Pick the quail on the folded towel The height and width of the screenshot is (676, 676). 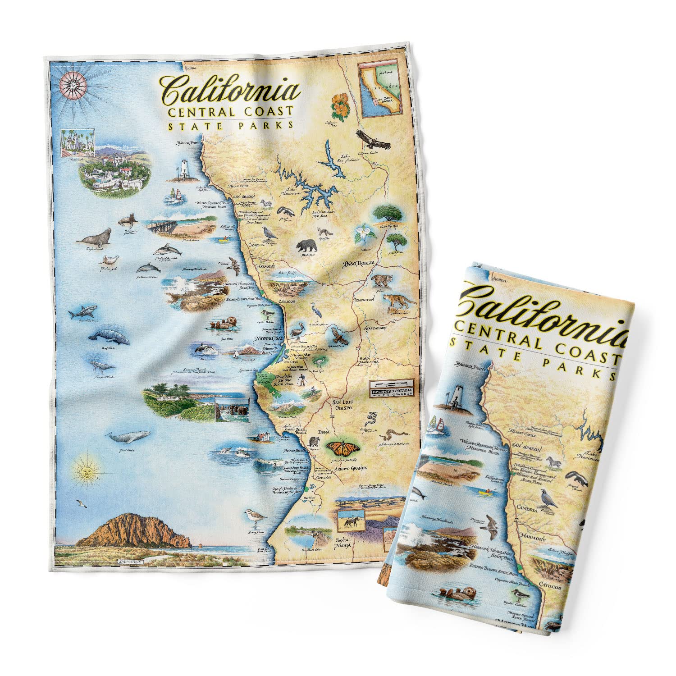tap(546, 498)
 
